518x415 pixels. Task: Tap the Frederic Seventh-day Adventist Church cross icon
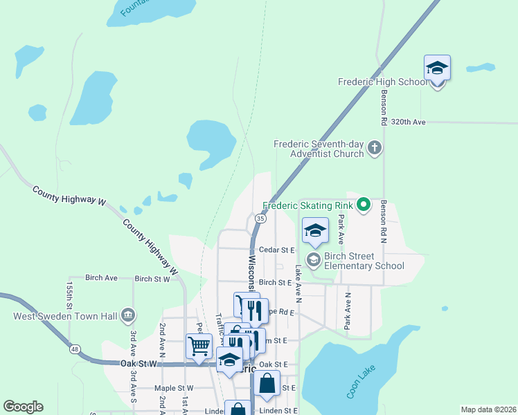pyautogui.click(x=375, y=147)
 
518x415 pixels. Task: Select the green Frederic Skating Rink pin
pyautogui.click(x=362, y=204)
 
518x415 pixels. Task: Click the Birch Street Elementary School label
pyautogui.click(x=364, y=260)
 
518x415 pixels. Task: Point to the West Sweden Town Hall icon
pyautogui.click(x=127, y=315)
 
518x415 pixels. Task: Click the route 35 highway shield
pyautogui.click(x=260, y=218)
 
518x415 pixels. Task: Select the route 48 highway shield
pyautogui.click(x=73, y=349)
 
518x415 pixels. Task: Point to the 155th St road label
pyautogui.click(x=69, y=295)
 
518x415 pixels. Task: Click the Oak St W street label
pyautogui.click(x=139, y=363)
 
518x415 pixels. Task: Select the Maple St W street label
pyautogui.click(x=175, y=388)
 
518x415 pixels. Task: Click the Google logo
pyautogui.click(x=23, y=407)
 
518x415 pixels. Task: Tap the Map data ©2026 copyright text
pyautogui.click(x=488, y=409)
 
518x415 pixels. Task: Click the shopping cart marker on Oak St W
pyautogui.click(x=199, y=345)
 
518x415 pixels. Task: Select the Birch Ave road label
pyautogui.click(x=101, y=277)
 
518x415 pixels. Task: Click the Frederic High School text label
pyautogui.click(x=383, y=82)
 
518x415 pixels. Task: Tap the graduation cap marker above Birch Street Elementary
pyautogui.click(x=315, y=230)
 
